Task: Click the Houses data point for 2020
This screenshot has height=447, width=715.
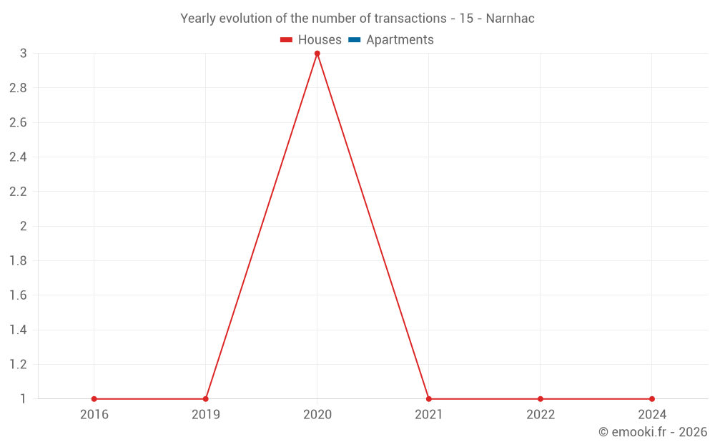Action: [x=317, y=54]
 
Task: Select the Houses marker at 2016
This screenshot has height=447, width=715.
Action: [x=94, y=399]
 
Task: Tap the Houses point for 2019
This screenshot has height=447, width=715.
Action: [x=206, y=399]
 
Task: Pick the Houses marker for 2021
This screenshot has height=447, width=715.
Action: [x=429, y=399]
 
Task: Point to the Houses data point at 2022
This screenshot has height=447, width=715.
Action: [x=541, y=399]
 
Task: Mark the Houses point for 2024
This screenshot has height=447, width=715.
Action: [x=652, y=399]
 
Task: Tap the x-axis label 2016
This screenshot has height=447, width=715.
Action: [x=94, y=414]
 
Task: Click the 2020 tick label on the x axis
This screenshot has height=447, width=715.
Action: [x=317, y=414]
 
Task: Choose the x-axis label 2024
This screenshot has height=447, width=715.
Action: [x=652, y=414]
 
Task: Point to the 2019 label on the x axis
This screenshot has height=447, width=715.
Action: [x=206, y=414]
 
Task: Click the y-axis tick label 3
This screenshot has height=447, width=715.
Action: [x=23, y=54]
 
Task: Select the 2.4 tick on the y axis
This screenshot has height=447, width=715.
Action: [x=18, y=157]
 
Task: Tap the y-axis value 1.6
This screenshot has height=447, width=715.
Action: [x=18, y=295]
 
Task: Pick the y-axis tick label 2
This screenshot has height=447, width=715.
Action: [x=23, y=227]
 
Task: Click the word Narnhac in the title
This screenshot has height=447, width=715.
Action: [x=510, y=19]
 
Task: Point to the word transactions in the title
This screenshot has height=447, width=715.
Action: [x=411, y=19]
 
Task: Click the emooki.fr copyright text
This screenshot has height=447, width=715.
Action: [x=653, y=432]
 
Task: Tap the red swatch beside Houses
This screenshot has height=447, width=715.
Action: [x=287, y=40]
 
